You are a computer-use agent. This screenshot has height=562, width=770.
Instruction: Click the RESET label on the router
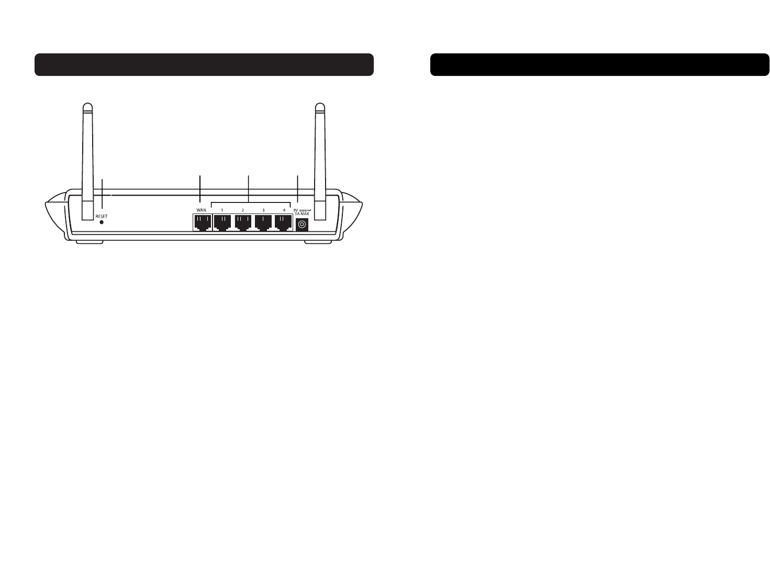pos(102,216)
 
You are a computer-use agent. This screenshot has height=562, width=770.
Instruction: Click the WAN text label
pos(202,210)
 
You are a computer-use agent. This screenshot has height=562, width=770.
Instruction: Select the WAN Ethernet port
pos(202,224)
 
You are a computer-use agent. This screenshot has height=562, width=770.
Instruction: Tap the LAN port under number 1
pos(222,224)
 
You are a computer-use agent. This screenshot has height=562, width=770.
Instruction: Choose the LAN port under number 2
pos(243,224)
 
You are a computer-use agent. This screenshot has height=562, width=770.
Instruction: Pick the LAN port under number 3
pos(263,224)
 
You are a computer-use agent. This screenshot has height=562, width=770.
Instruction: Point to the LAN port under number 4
pos(283,224)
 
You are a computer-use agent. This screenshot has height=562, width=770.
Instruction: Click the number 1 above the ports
pos(222,210)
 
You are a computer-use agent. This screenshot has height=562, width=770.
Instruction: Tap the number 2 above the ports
pos(242,210)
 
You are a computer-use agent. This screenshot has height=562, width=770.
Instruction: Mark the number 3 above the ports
pos(263,210)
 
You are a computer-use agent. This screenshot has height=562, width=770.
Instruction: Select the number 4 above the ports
pos(284,210)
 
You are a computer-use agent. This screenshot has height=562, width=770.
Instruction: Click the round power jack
pos(302,225)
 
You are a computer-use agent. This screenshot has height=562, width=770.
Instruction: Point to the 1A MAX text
pos(302,214)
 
